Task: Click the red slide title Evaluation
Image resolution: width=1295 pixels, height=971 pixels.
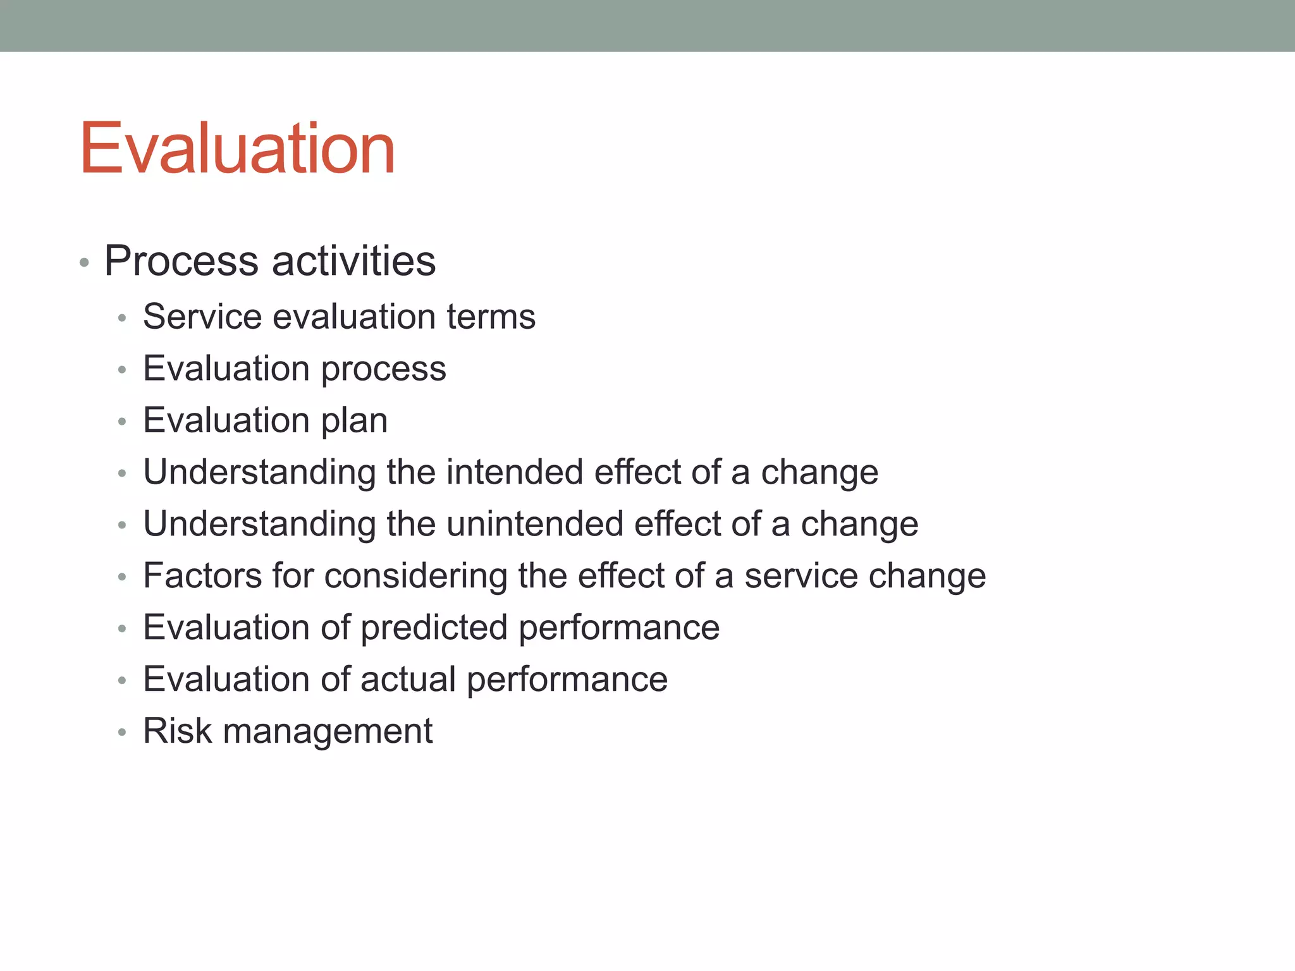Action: (237, 148)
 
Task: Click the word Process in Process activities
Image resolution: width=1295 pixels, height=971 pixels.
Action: (181, 260)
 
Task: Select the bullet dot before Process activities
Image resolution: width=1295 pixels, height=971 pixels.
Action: (84, 262)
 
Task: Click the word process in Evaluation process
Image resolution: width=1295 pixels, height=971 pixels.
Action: (383, 369)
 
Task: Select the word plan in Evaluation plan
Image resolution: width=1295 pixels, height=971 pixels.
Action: (354, 421)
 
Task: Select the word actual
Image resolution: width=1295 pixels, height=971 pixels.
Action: (408, 680)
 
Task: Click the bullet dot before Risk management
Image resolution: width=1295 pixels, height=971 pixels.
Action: (122, 733)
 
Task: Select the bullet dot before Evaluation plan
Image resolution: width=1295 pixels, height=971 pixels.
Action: (122, 422)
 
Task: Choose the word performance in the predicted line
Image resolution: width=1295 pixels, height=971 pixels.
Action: (619, 629)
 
